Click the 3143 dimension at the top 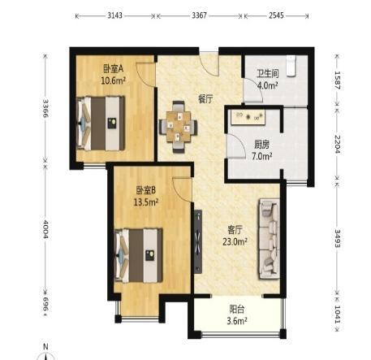click(x=115, y=15)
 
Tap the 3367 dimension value click(x=200, y=15)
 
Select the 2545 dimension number click(x=276, y=15)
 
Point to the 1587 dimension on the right click(x=338, y=80)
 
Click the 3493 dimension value click(x=338, y=238)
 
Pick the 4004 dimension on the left click(x=45, y=229)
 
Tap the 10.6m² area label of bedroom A click(x=114, y=80)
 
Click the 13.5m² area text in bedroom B click(x=146, y=202)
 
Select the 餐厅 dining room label click(x=205, y=99)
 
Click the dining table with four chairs click(x=178, y=127)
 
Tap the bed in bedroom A click(x=101, y=124)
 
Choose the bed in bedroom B click(x=139, y=256)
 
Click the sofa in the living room click(x=269, y=239)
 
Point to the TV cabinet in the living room click(x=198, y=241)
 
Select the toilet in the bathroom click(x=291, y=66)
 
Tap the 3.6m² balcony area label click(x=237, y=321)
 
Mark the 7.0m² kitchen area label click(x=262, y=156)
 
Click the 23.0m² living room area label click(x=235, y=241)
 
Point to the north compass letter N click(x=45, y=346)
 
